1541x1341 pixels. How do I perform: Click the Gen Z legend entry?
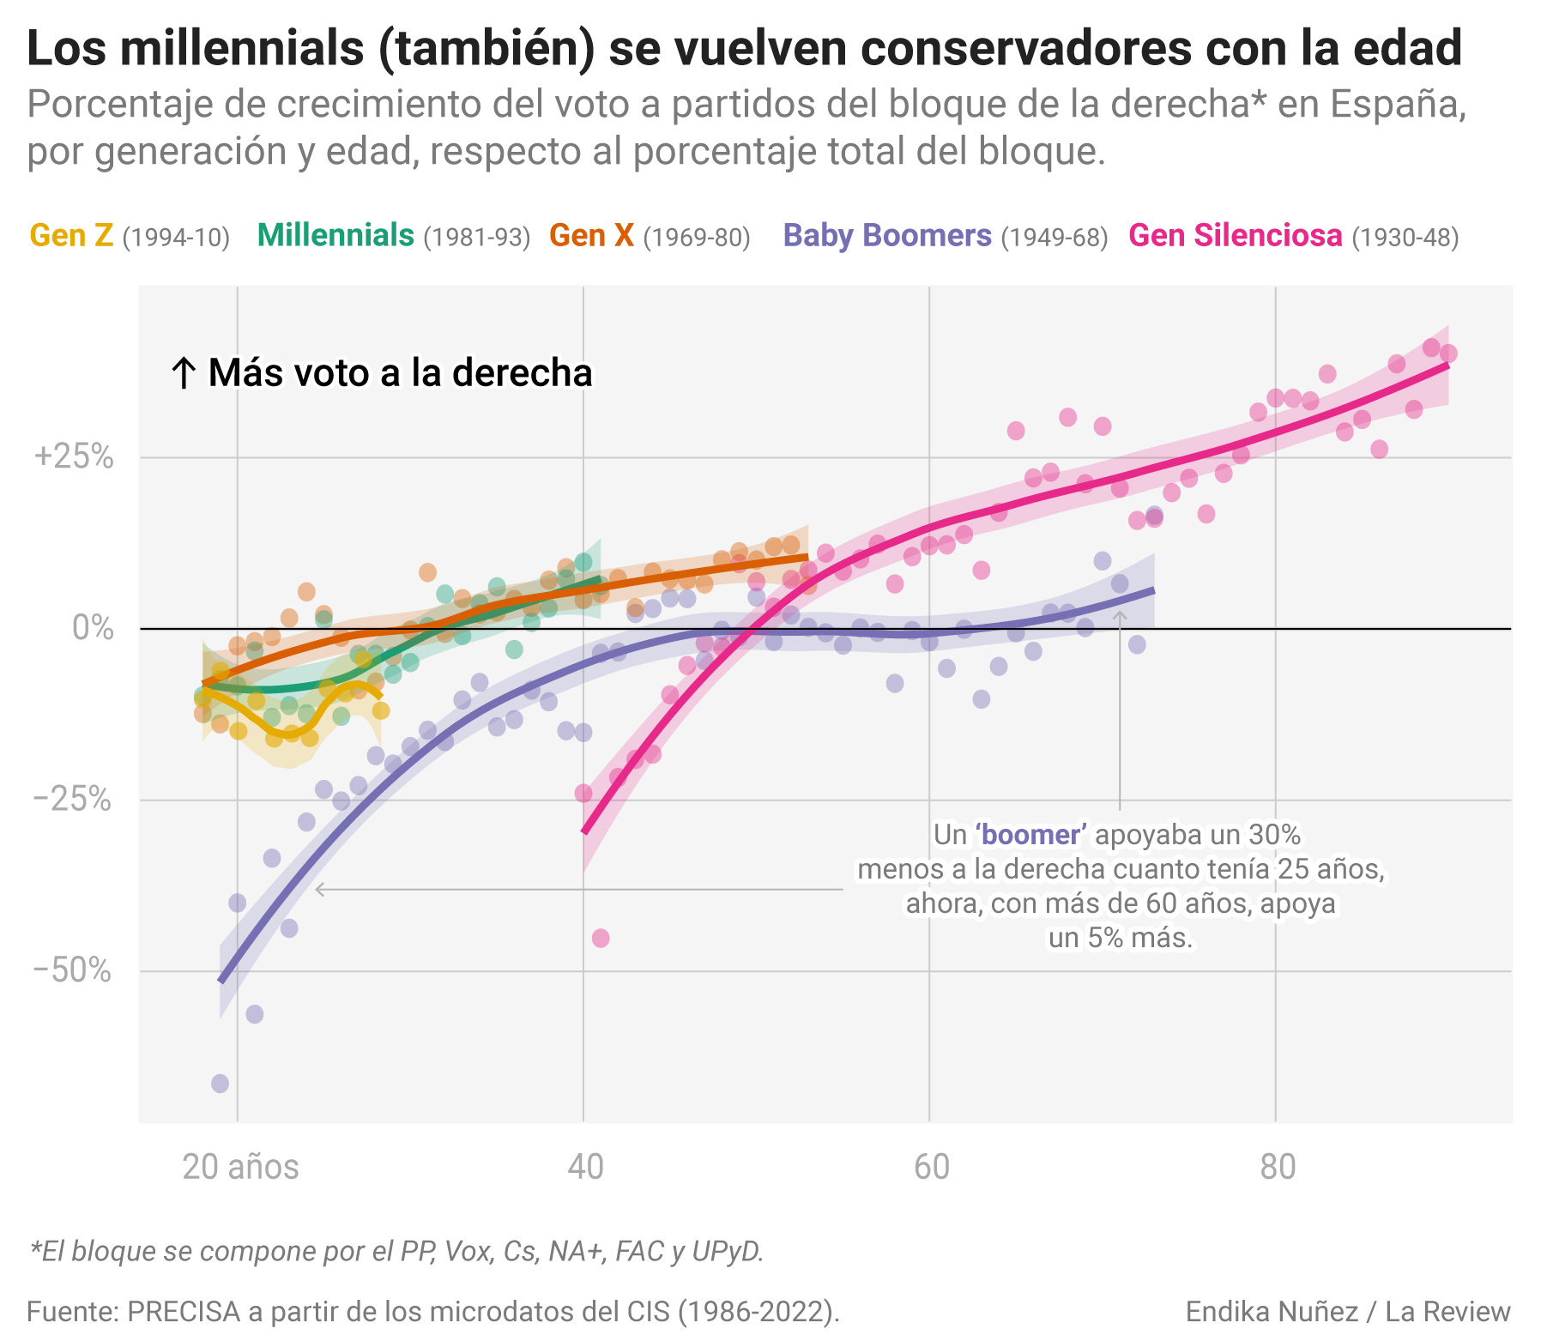(x=71, y=236)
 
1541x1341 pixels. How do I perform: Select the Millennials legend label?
(x=335, y=236)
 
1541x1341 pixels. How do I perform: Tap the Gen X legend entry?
(x=591, y=236)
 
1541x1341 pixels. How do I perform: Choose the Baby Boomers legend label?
(x=887, y=236)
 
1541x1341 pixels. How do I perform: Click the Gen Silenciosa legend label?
(x=1236, y=236)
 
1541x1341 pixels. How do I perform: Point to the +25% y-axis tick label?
(x=74, y=456)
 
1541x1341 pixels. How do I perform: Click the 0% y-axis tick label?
(x=93, y=628)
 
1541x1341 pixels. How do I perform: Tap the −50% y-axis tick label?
(x=72, y=971)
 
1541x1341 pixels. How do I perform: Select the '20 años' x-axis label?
(x=240, y=1168)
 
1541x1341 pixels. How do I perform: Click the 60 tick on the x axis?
(x=931, y=1168)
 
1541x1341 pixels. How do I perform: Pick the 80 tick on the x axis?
(x=1278, y=1168)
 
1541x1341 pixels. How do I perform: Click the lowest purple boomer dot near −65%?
(x=220, y=1084)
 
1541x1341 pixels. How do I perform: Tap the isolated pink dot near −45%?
(x=601, y=939)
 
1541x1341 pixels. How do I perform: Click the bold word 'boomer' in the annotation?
(x=1030, y=835)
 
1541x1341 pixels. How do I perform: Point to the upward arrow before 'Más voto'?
(x=183, y=373)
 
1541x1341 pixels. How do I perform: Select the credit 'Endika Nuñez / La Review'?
(x=1347, y=1312)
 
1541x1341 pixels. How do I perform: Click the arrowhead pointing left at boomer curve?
(x=320, y=890)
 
